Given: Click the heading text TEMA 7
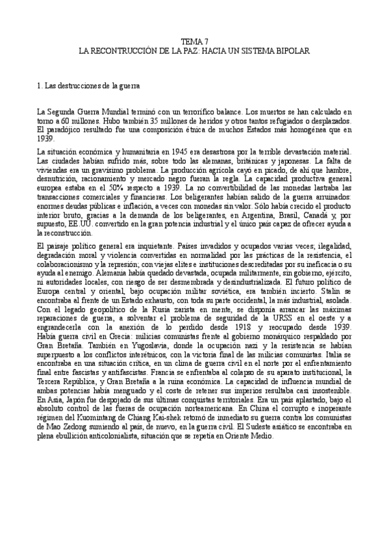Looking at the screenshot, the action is (x=195, y=40).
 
